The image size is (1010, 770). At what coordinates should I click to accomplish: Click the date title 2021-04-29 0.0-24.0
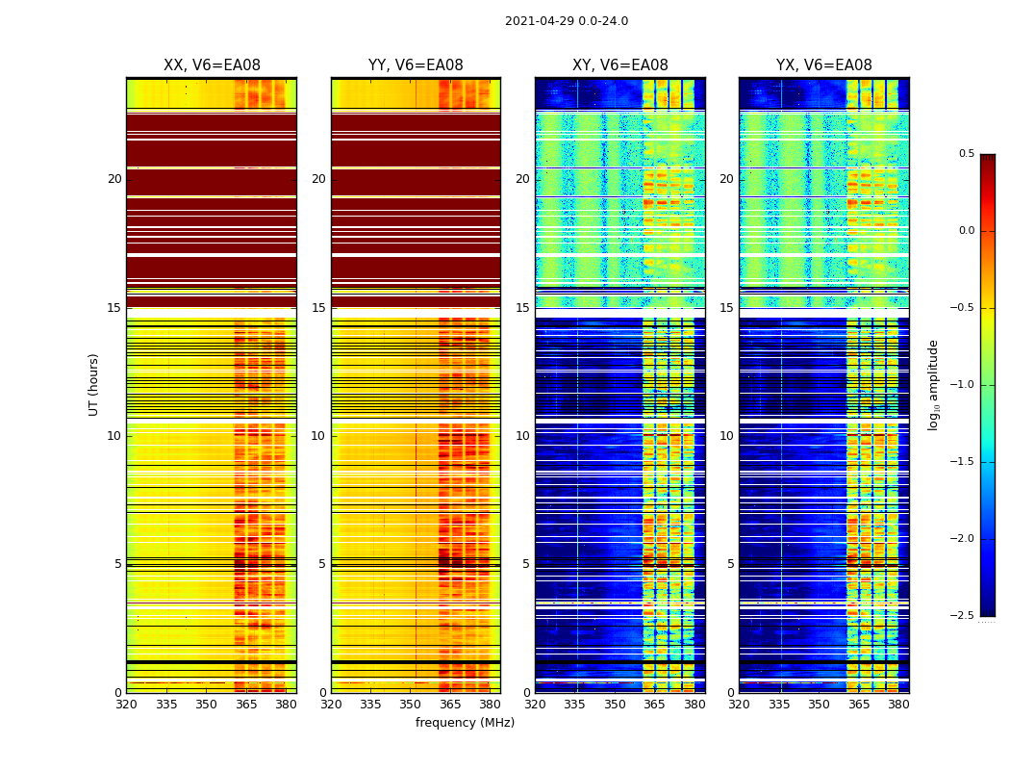pyautogui.click(x=567, y=21)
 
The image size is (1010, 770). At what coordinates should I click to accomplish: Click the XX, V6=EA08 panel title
pyautogui.click(x=212, y=65)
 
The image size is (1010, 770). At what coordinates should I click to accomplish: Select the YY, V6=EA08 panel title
pyautogui.click(x=416, y=65)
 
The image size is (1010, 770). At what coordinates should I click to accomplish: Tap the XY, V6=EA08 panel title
pyautogui.click(x=620, y=65)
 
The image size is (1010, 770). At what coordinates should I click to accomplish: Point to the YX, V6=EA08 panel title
pyautogui.click(x=824, y=65)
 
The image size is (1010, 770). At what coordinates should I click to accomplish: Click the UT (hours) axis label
pyautogui.click(x=94, y=384)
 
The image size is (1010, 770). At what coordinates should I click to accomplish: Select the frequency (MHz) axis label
pyautogui.click(x=465, y=723)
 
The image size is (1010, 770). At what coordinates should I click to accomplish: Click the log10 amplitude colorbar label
pyautogui.click(x=934, y=384)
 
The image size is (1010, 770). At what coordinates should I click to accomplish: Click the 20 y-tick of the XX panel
pyautogui.click(x=114, y=179)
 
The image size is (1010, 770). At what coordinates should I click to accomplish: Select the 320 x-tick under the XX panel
pyautogui.click(x=126, y=704)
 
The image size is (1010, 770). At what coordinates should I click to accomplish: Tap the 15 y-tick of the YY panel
pyautogui.click(x=318, y=308)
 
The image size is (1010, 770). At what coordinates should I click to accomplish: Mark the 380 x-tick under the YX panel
pyautogui.click(x=898, y=704)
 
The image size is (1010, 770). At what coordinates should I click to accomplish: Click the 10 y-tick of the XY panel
pyautogui.click(x=522, y=436)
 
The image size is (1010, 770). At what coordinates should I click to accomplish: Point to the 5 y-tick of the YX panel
pyautogui.click(x=730, y=564)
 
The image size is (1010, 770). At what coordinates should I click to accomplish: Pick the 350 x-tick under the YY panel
pyautogui.click(x=411, y=704)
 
